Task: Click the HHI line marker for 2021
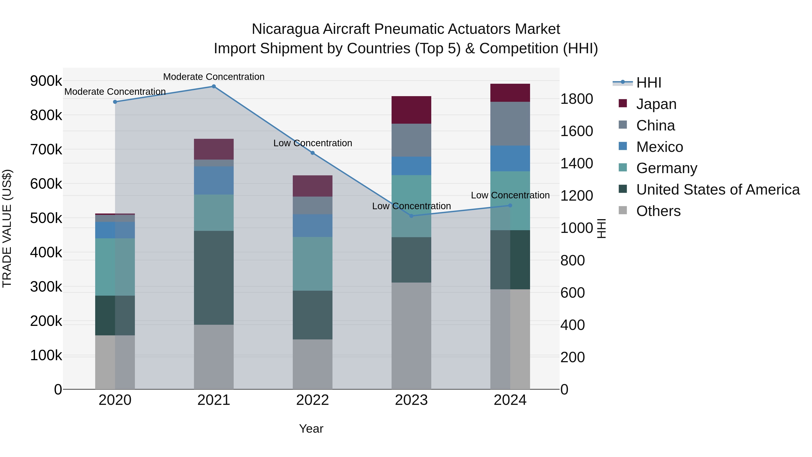point(214,86)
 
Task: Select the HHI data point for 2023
point(411,216)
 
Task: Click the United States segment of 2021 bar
point(214,278)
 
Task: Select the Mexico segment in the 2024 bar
point(510,158)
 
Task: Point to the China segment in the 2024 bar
point(510,124)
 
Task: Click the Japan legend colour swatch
point(623,103)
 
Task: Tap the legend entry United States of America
point(718,190)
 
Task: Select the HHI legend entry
point(648,83)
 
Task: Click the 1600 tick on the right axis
point(577,131)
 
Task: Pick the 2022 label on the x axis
point(312,400)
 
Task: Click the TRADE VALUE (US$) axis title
point(7,228)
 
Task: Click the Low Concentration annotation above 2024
point(510,195)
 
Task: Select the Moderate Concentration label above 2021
point(214,77)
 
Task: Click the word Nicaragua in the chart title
point(285,29)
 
